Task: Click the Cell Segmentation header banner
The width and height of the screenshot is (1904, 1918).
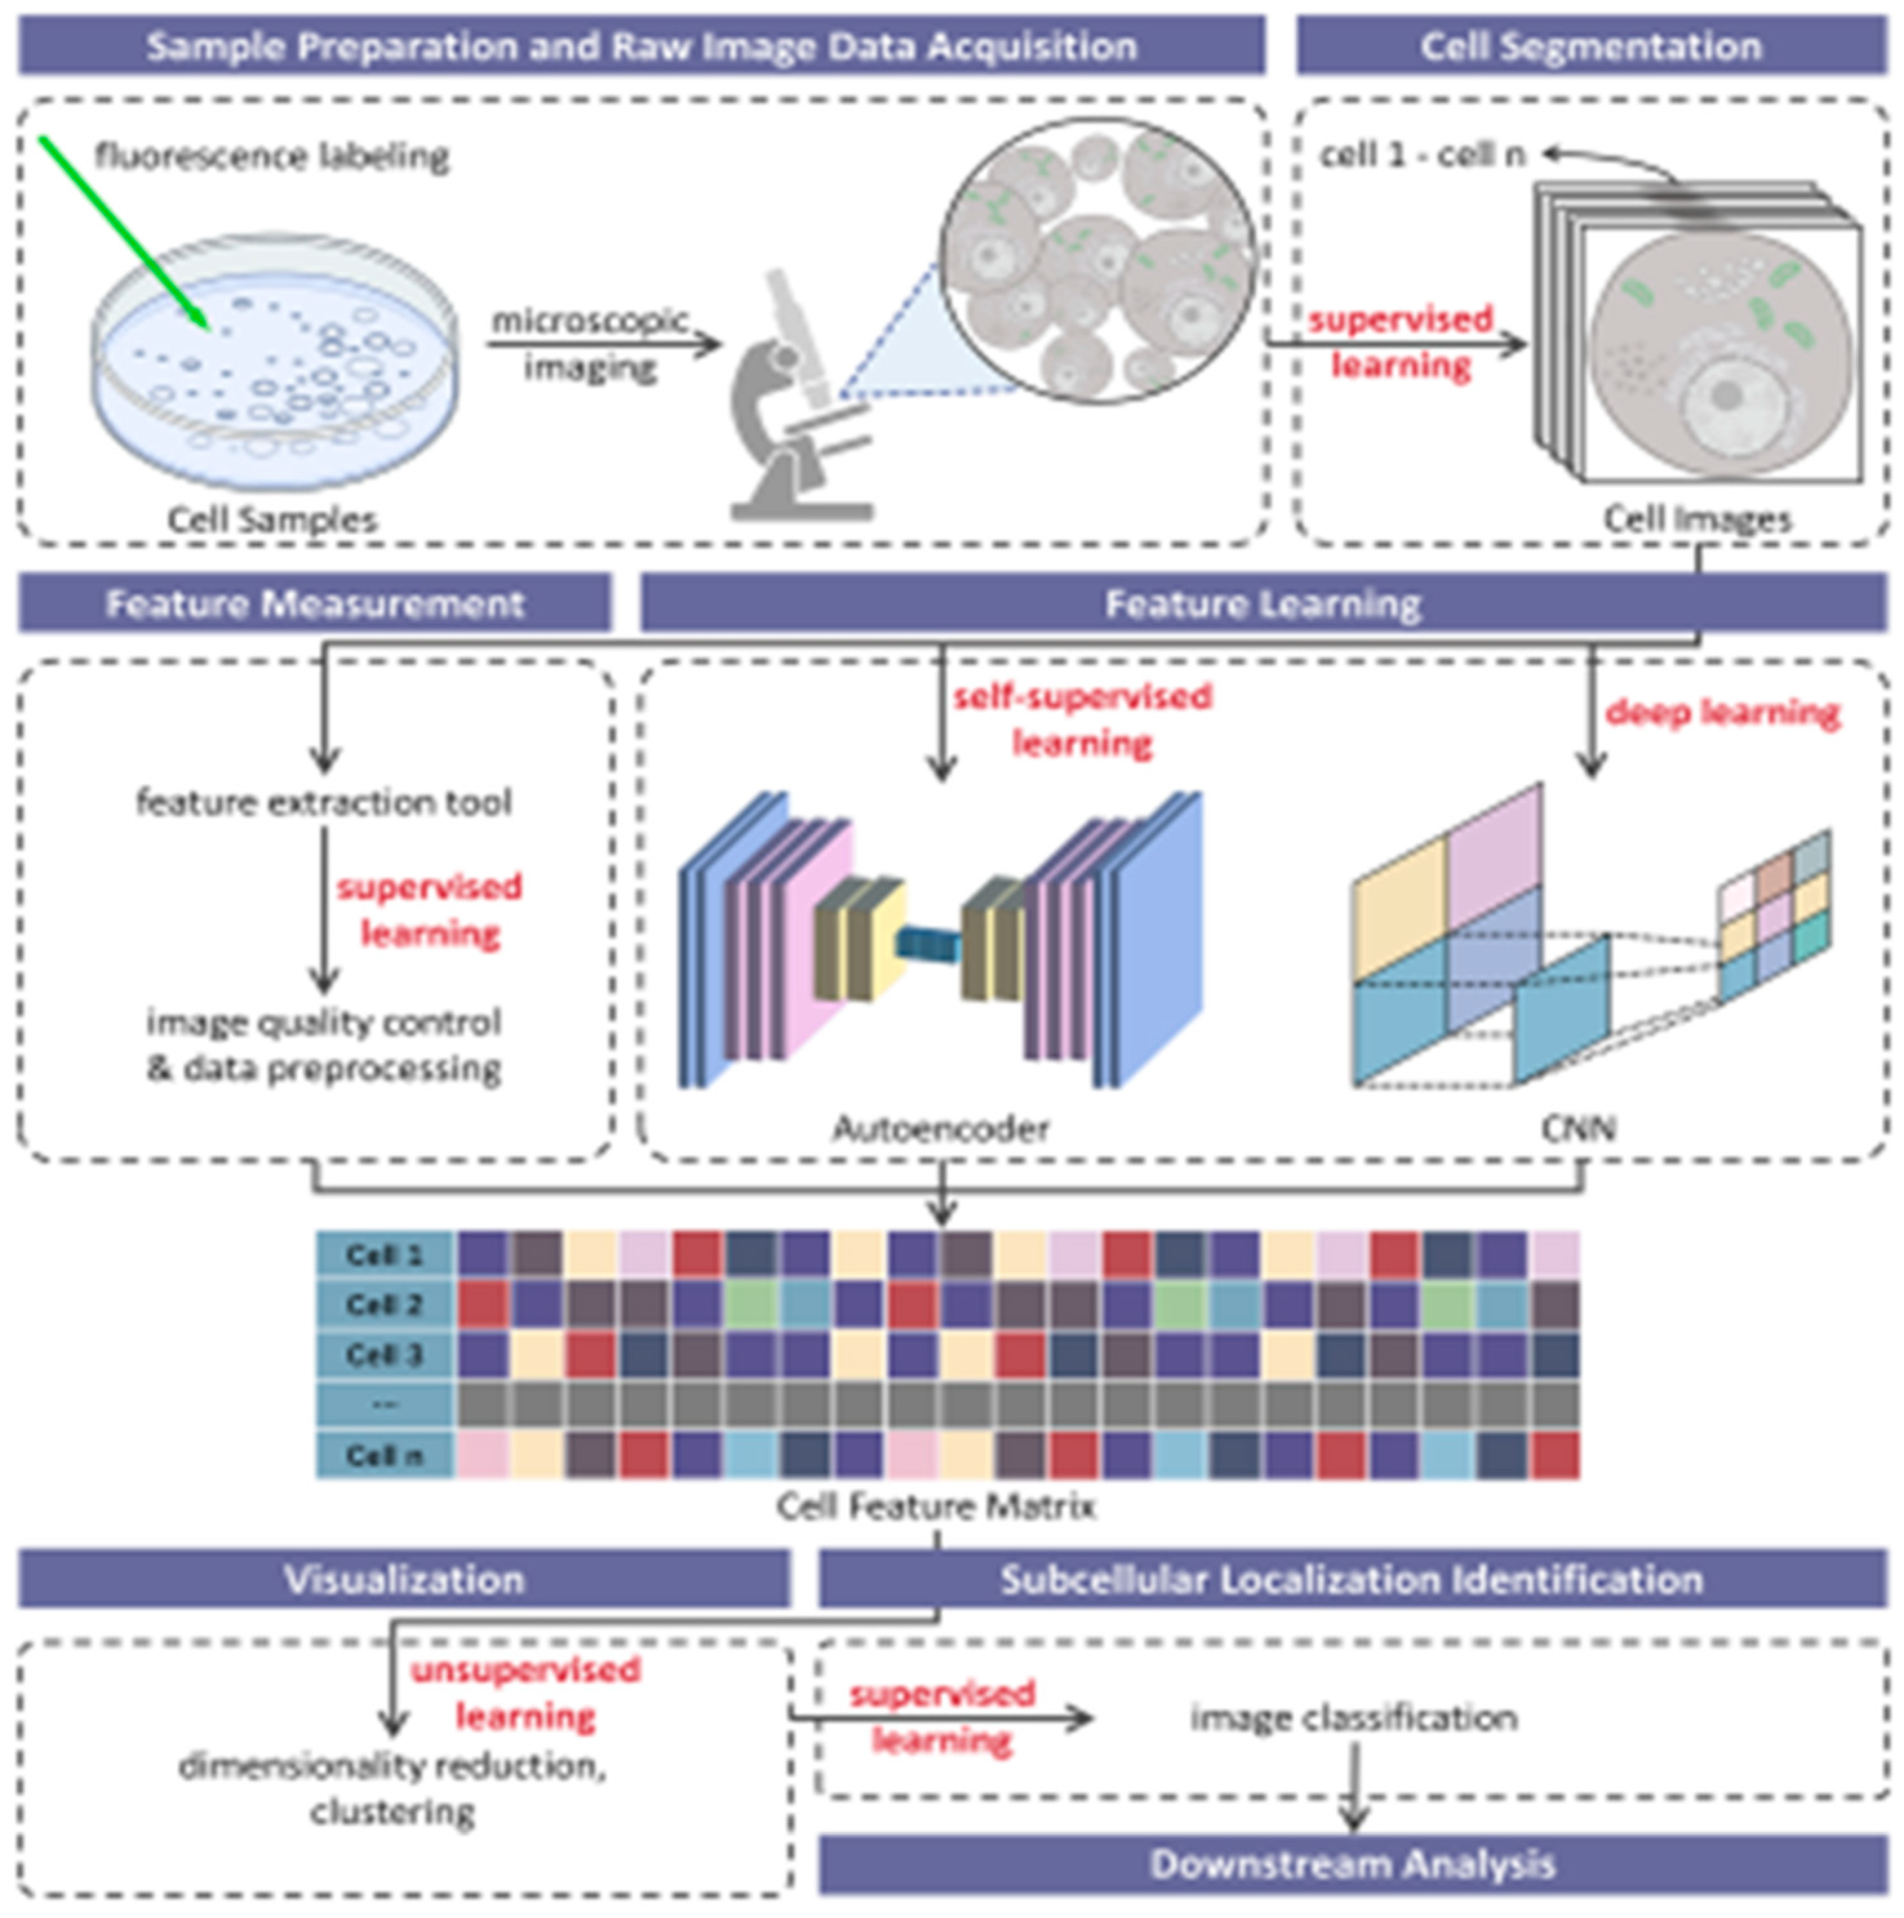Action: [1590, 46]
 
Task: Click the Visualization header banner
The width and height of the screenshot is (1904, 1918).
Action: [403, 1579]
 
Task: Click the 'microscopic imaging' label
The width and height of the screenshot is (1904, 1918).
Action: [590, 343]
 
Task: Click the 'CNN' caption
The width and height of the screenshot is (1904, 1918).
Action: [1578, 1129]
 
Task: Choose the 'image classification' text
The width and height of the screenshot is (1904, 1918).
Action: [1353, 1717]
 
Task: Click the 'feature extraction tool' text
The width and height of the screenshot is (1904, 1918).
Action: [324, 802]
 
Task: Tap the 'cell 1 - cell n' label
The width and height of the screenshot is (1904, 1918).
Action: [1421, 155]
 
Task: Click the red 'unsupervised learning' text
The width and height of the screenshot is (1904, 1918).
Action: [525, 1693]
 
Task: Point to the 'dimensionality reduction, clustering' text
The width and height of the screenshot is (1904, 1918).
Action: [392, 1789]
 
